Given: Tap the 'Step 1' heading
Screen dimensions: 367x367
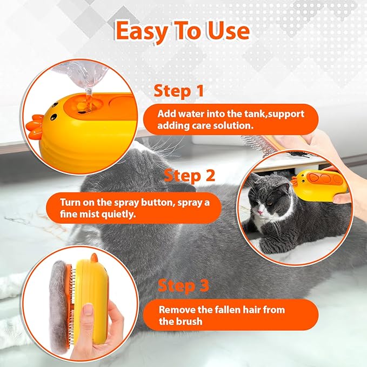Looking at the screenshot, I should tap(179, 91).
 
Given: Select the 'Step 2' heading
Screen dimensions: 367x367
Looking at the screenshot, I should tap(190, 175).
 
